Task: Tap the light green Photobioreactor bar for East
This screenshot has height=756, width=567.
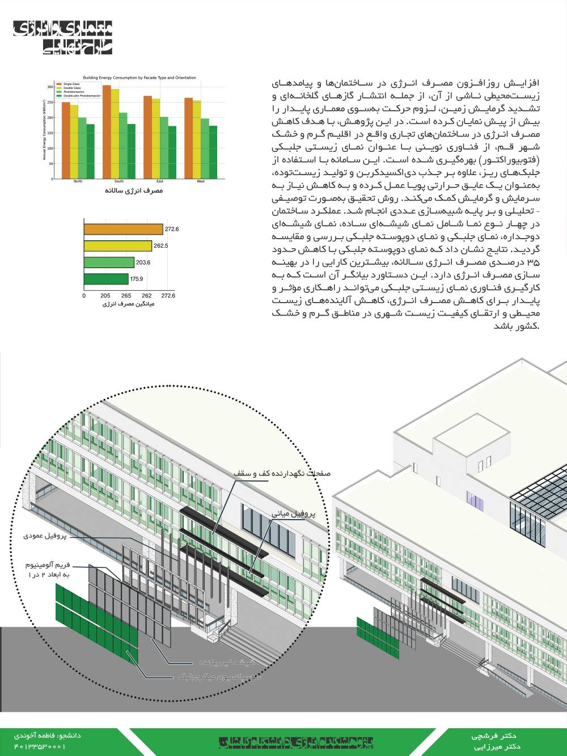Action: pyautogui.click(x=164, y=148)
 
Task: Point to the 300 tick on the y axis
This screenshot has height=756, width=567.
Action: pyautogui.click(x=50, y=87)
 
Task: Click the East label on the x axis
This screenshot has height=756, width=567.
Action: pyautogui.click(x=160, y=181)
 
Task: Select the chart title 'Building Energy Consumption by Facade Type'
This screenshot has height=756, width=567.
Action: pyautogui.click(x=139, y=78)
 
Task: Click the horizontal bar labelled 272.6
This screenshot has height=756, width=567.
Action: pyautogui.click(x=124, y=229)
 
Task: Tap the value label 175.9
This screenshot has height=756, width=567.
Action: pyautogui.click(x=137, y=279)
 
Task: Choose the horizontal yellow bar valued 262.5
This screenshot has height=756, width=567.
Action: pyautogui.click(x=118, y=246)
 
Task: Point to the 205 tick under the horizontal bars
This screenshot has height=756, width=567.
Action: pyautogui.click(x=105, y=296)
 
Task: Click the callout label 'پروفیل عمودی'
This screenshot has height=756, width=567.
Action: pyautogui.click(x=45, y=536)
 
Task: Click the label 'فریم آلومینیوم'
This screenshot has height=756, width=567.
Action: pyautogui.click(x=48, y=565)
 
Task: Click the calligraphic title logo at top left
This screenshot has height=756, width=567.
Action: pyautogui.click(x=62, y=38)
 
